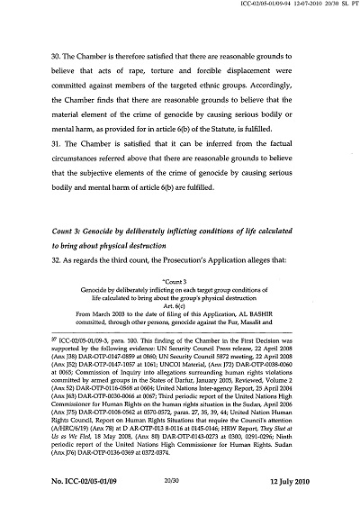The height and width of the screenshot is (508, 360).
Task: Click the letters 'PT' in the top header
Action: click(352, 6)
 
